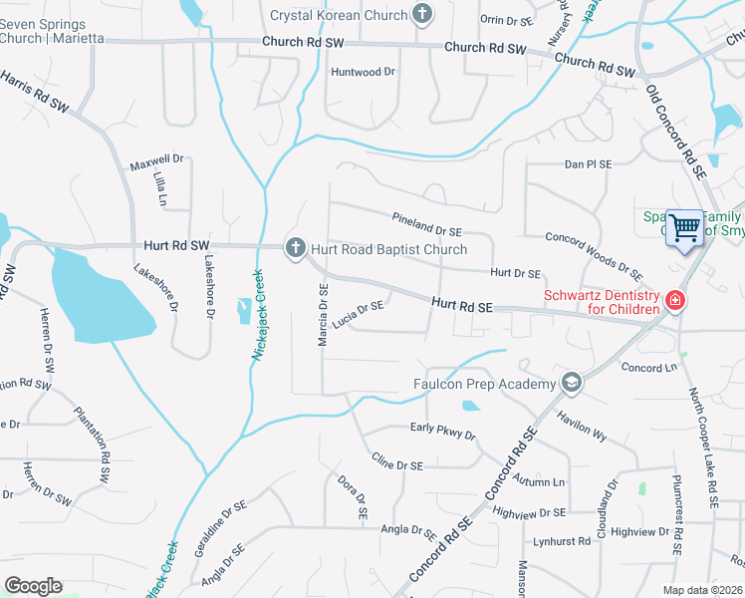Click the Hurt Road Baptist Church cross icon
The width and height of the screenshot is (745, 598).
tap(295, 248)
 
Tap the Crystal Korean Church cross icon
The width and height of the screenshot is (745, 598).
tap(423, 14)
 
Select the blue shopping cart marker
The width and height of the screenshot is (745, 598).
tap(684, 228)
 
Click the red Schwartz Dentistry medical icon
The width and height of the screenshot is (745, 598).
tap(675, 300)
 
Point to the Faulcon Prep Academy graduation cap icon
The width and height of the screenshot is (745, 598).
tap(572, 383)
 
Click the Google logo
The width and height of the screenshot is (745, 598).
tap(33, 586)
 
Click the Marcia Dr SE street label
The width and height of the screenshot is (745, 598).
tap(323, 315)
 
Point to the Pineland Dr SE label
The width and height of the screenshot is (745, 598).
tap(426, 223)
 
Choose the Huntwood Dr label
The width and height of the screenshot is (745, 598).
tap(363, 72)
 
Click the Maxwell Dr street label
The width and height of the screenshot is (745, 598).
tap(157, 158)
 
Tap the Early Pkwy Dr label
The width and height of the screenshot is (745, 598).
tap(443, 432)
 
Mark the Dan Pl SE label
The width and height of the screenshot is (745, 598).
tap(588, 164)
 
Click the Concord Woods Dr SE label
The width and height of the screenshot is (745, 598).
tap(594, 252)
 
